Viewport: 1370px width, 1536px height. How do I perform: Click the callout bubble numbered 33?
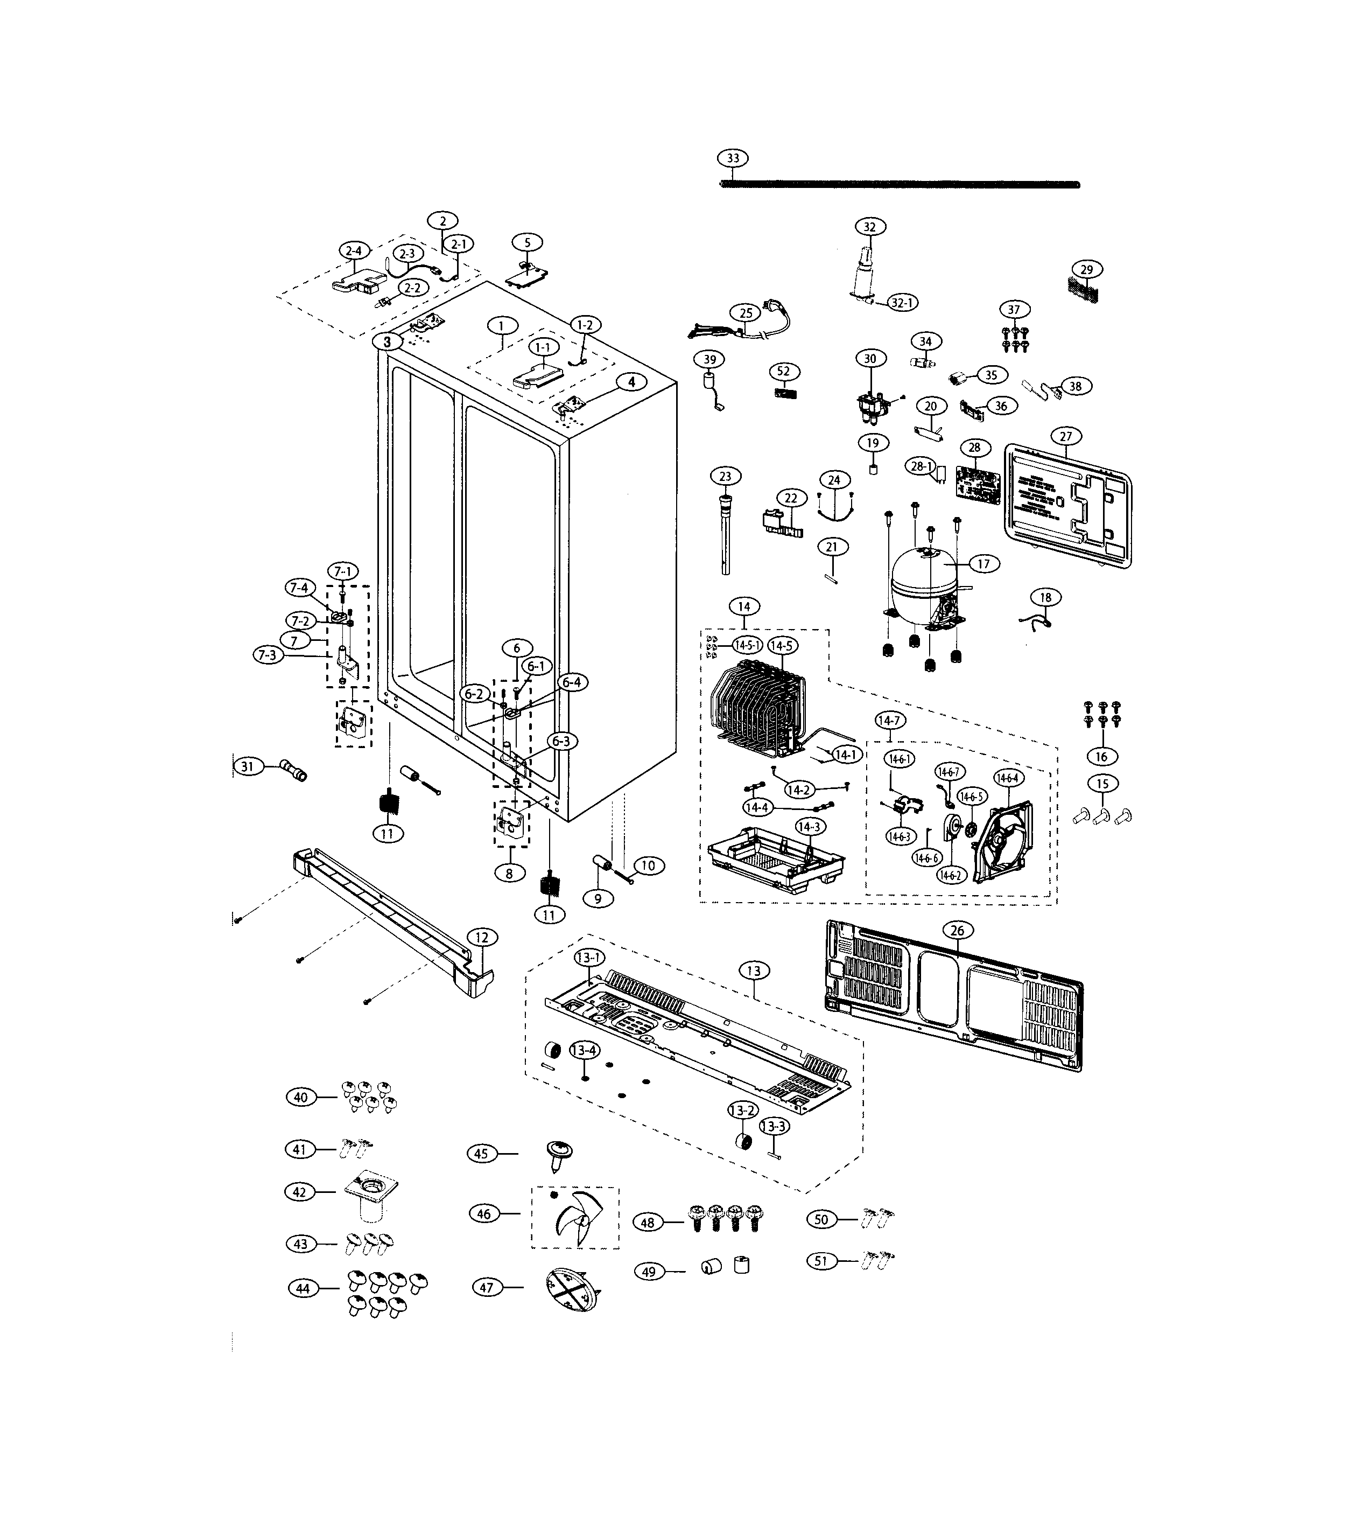pyautogui.click(x=733, y=158)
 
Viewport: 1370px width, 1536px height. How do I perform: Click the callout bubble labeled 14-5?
pyautogui.click(x=782, y=645)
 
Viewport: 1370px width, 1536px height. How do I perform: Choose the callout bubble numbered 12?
pyautogui.click(x=482, y=938)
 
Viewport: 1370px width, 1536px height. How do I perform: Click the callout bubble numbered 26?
pyautogui.click(x=956, y=931)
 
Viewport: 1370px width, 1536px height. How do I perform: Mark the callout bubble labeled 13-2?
pyautogui.click(x=741, y=1111)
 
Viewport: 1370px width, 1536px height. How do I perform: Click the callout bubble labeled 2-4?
pyautogui.click(x=353, y=251)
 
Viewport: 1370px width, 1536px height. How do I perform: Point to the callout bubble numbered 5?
pyautogui.click(x=527, y=242)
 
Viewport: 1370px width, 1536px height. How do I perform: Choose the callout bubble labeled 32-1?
pyautogui.click(x=901, y=303)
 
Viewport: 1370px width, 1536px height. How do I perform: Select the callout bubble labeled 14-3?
pyautogui.click(x=809, y=827)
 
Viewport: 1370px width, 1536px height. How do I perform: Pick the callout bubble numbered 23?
pyautogui.click(x=725, y=476)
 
